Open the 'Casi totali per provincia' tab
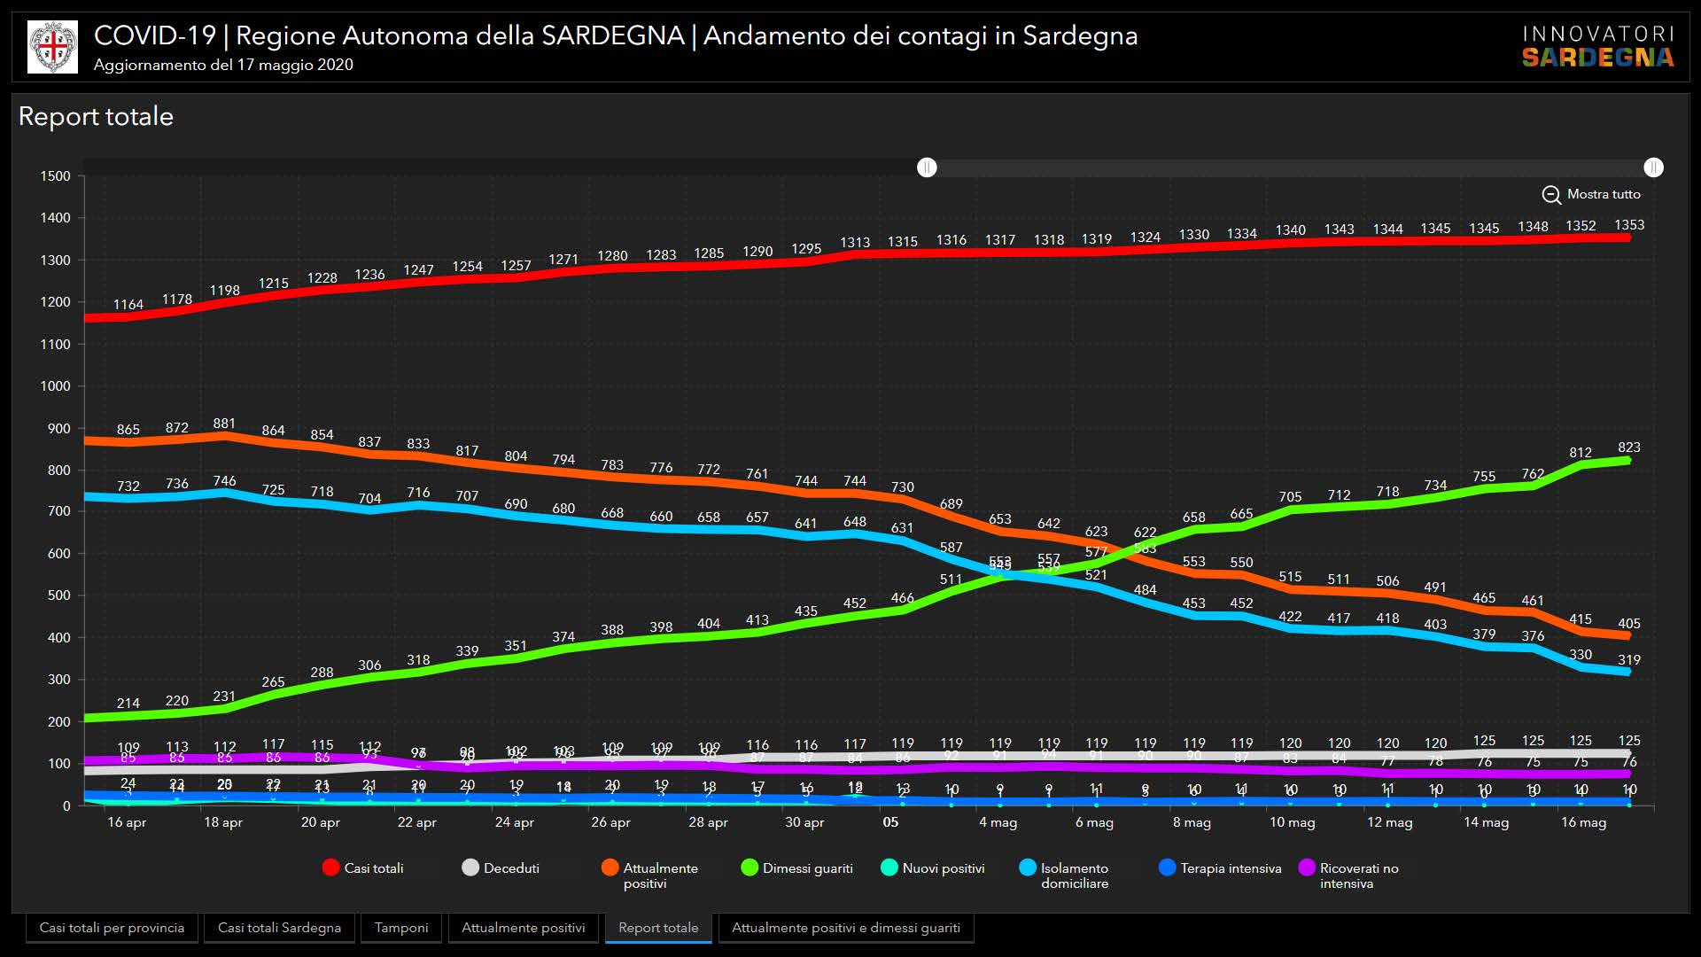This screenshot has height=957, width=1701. pyautogui.click(x=112, y=928)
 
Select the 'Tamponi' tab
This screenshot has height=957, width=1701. pyautogui.click(x=400, y=928)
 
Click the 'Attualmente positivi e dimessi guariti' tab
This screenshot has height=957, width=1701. pyautogui.click(x=845, y=928)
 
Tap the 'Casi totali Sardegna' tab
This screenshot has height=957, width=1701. pyautogui.click(x=279, y=928)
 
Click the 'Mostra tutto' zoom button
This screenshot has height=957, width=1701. pyautogui.click(x=1591, y=194)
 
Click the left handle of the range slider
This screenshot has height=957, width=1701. pyautogui.click(x=927, y=167)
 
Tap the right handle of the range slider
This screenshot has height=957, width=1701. pyautogui.click(x=1653, y=167)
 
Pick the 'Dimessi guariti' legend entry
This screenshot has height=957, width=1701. pyautogui.click(x=796, y=868)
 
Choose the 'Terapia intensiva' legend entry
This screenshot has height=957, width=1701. pyautogui.click(x=1220, y=868)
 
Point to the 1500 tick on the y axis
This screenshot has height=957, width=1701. pyautogui.click(x=55, y=176)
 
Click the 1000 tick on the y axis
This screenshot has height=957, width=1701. pyautogui.click(x=55, y=386)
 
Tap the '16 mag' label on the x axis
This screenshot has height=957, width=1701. pyautogui.click(x=1583, y=822)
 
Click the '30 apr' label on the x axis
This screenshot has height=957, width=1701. pyautogui.click(x=804, y=822)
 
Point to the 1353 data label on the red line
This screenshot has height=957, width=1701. pyautogui.click(x=1629, y=225)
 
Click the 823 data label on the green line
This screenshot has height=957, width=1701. pyautogui.click(x=1628, y=447)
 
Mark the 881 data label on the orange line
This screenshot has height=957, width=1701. pyautogui.click(x=224, y=424)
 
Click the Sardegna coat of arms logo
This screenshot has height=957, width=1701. pyautogui.click(x=53, y=46)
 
